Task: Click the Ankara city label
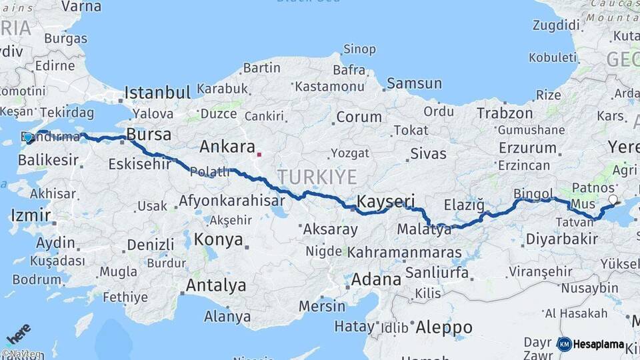coord(227,147)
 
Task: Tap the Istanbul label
coord(158,92)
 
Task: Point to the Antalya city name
coord(215,286)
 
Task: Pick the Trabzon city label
coord(505,113)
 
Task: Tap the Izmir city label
coord(31,215)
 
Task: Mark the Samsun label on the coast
coord(414,83)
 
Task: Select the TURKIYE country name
coord(317,177)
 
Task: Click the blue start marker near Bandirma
coord(28,138)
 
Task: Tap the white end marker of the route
coord(613,199)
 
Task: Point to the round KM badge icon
coord(564,345)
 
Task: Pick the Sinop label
coord(359,49)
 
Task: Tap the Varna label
coord(81,7)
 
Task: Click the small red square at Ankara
coord(259,155)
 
